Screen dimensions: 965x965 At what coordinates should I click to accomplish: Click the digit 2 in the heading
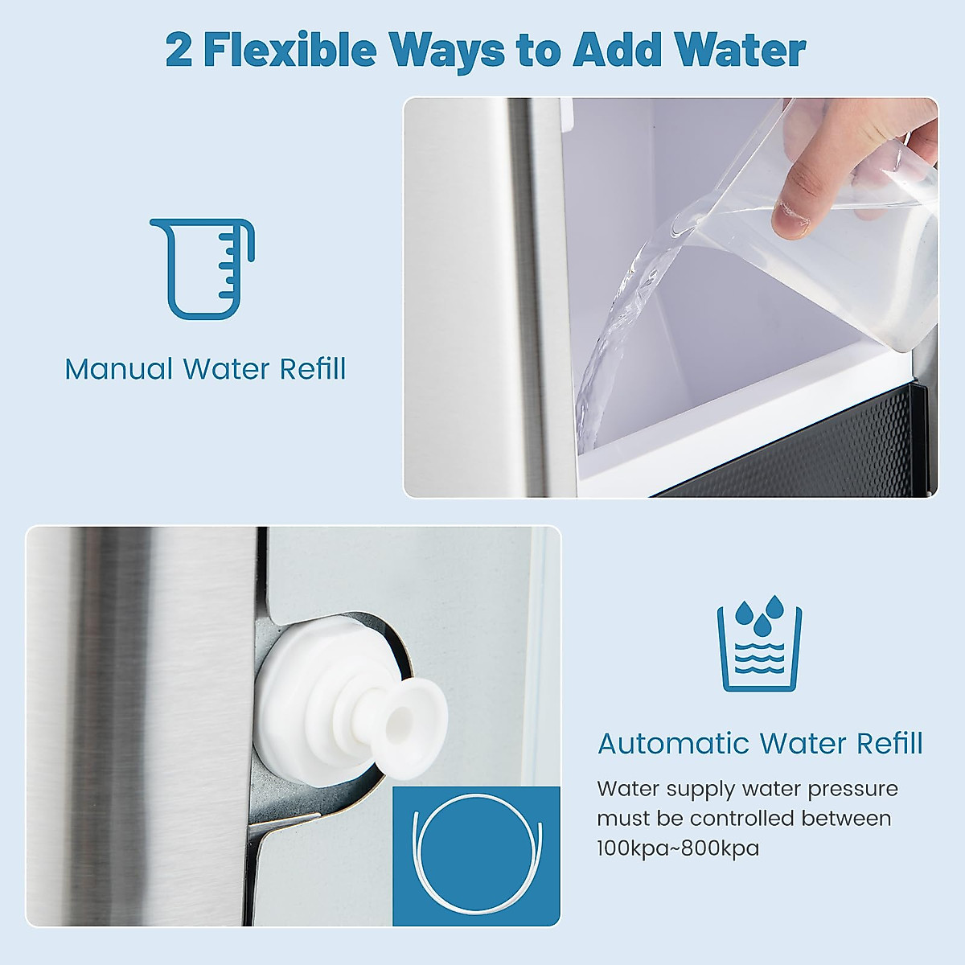[x=179, y=51]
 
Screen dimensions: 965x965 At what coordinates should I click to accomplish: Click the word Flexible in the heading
[x=289, y=50]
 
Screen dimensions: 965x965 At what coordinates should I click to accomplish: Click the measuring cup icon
[x=203, y=269]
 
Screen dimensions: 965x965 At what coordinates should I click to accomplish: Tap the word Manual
[x=119, y=369]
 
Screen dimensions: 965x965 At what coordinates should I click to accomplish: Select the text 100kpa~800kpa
[x=678, y=848]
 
